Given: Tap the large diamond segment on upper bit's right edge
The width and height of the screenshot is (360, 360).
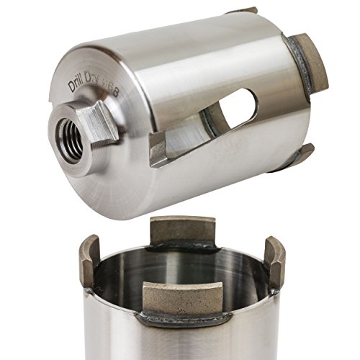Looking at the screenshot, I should pos(311,63).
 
